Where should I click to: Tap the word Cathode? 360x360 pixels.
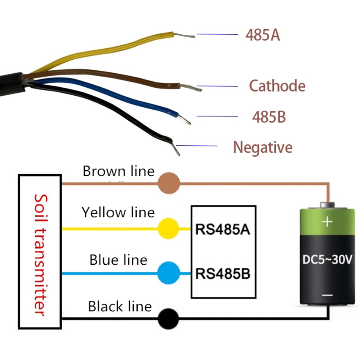[277, 86]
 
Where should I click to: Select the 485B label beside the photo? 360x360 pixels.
[269, 116]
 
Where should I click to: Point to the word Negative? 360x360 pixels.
[263, 147]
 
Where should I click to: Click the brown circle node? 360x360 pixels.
[169, 184]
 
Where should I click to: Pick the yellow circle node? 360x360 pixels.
[169, 229]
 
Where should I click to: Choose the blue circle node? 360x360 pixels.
[169, 273]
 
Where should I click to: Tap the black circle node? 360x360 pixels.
[169, 319]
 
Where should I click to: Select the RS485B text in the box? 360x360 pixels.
[223, 274]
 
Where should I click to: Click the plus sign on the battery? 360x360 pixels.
[327, 222]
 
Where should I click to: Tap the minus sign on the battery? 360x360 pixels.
[327, 295]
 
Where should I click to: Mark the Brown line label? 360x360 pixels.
[119, 172]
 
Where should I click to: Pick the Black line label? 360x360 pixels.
[120, 306]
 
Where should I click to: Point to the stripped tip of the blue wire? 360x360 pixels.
[185, 119]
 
